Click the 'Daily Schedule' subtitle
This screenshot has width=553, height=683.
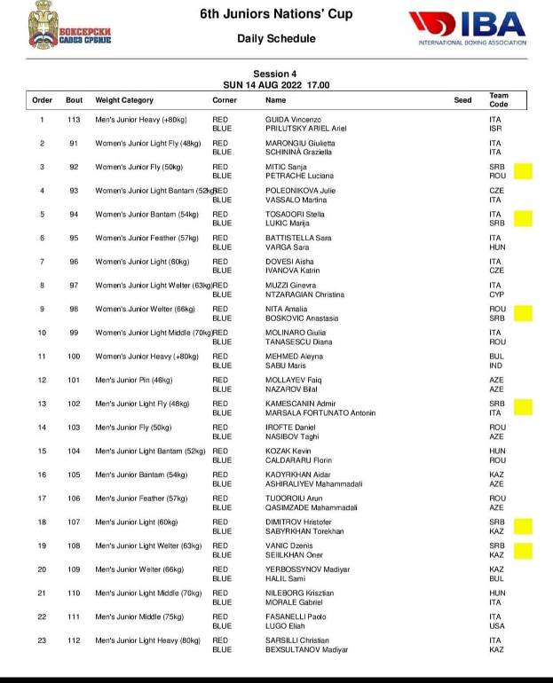point(276,39)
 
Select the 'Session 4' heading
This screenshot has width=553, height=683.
point(276,74)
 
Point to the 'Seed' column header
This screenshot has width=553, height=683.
point(462,100)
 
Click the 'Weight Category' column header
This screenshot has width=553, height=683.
point(124,100)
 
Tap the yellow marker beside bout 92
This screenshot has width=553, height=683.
point(523,170)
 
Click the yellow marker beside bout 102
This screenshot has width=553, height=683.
point(523,406)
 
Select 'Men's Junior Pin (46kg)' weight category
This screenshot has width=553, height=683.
point(134,380)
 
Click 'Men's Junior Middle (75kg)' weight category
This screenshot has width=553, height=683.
point(138,616)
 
